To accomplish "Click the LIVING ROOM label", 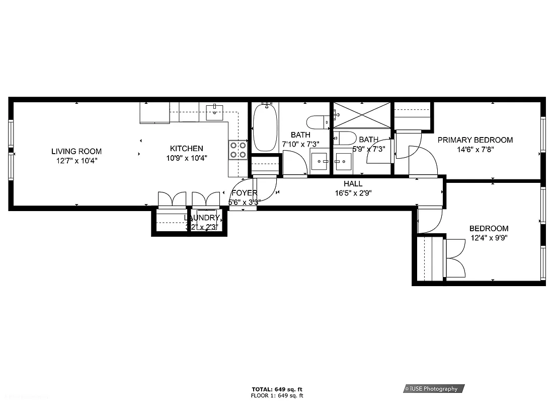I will pyautogui.click(x=76, y=151).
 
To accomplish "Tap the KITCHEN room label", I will pyautogui.click(x=186, y=149).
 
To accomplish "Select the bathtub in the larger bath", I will pyautogui.click(x=265, y=127).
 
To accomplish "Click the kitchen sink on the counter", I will pyautogui.click(x=215, y=111).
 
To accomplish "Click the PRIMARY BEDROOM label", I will pyautogui.click(x=475, y=140).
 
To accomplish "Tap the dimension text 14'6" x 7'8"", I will pyautogui.click(x=475, y=149).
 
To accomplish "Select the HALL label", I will pyautogui.click(x=353, y=184).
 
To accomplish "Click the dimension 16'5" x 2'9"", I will pyautogui.click(x=353, y=193).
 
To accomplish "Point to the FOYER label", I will pyautogui.click(x=244, y=193).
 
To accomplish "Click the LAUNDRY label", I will pyautogui.click(x=202, y=218).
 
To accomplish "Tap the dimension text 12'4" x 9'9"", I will pyautogui.click(x=489, y=238).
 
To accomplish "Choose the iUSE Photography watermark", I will pyautogui.click(x=433, y=388).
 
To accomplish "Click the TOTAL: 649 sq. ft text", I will pyautogui.click(x=277, y=389).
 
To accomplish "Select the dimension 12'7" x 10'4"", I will pyautogui.click(x=76, y=161).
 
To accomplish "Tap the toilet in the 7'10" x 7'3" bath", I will pyautogui.click(x=318, y=121).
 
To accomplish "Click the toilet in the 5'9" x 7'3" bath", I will pyautogui.click(x=346, y=137).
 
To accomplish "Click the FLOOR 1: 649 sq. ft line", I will pyautogui.click(x=277, y=395).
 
